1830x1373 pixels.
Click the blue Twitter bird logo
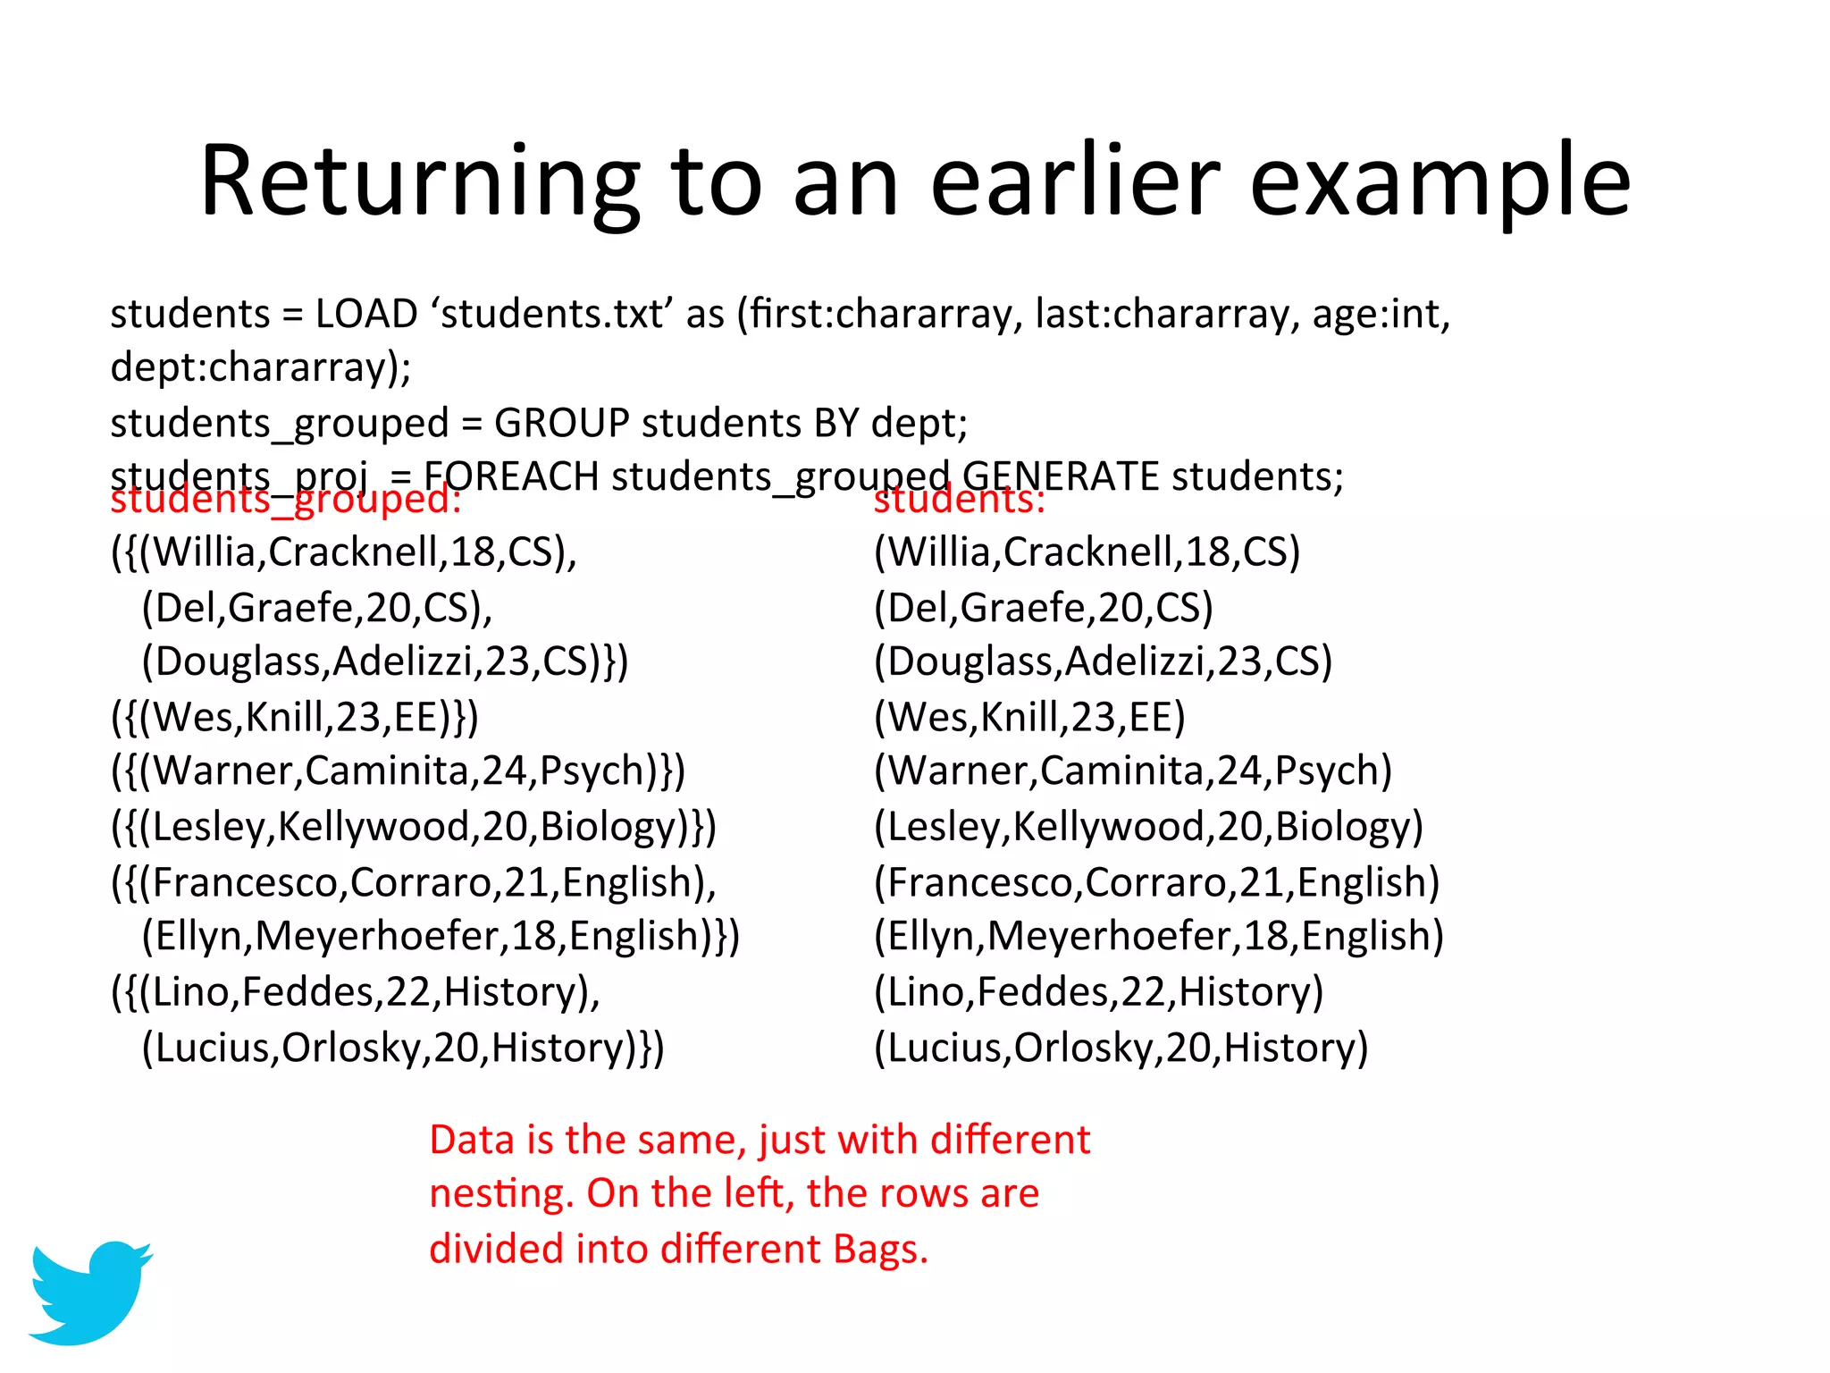pyautogui.click(x=89, y=1291)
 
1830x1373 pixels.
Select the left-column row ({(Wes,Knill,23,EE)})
pyautogui.click(x=295, y=717)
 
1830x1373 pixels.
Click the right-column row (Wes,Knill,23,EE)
pyautogui.click(x=1029, y=717)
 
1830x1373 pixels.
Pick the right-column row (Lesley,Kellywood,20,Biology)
pyautogui.click(x=1148, y=827)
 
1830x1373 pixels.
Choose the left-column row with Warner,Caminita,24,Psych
pyautogui.click(x=399, y=771)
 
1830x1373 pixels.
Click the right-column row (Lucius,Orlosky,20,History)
pyautogui.click(x=1121, y=1048)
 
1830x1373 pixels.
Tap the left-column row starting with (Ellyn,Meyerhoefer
pyautogui.click(x=441, y=937)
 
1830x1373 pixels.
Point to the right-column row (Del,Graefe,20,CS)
pyautogui.click(x=1044, y=608)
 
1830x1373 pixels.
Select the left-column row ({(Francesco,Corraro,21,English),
pyautogui.click(x=414, y=882)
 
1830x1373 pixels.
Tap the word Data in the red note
pyautogui.click(x=472, y=1141)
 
